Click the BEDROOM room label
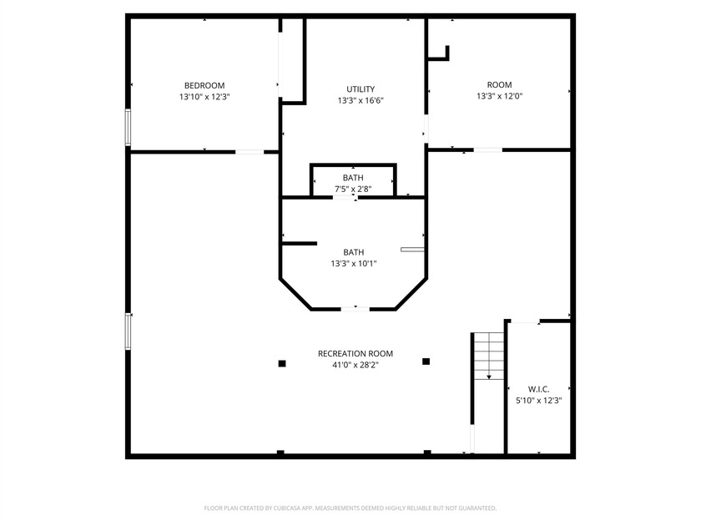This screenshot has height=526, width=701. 204,85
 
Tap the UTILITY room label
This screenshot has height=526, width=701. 361,89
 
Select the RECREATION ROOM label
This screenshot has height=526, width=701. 355,353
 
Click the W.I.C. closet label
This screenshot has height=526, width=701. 538,389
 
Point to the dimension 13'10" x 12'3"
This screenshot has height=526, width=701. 204,97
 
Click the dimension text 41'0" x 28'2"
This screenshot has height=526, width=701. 355,365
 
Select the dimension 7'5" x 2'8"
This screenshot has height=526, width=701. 353,190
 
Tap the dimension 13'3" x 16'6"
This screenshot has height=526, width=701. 361,101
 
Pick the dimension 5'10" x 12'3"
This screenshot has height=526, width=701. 538,401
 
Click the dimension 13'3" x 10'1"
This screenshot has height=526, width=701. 353,264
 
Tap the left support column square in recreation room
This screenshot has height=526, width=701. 282,363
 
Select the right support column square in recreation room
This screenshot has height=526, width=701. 426,362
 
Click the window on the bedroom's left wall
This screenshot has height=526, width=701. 128,128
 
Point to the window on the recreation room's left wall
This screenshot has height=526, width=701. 129,331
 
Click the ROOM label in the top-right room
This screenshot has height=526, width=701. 499,84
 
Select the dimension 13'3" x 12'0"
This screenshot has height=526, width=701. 499,96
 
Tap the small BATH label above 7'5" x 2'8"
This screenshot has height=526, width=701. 353,178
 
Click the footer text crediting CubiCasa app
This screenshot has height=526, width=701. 350,508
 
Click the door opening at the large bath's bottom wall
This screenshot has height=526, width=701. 355,309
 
